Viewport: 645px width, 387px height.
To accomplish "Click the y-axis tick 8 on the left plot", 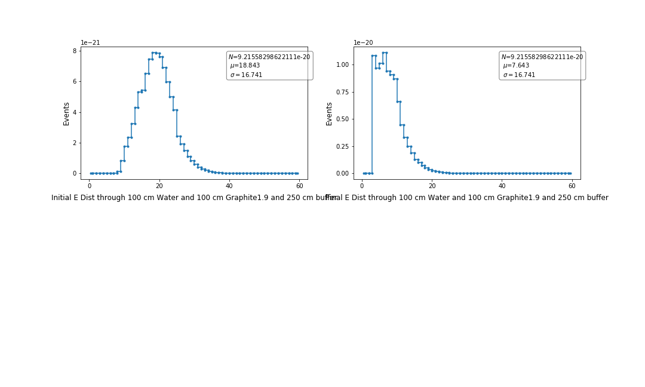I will click(x=75, y=51).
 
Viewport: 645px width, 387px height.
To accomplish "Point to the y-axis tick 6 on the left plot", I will click(x=75, y=82).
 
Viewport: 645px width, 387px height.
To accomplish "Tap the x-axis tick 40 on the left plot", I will click(x=229, y=186).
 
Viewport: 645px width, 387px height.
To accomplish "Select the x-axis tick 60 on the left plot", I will click(x=299, y=186).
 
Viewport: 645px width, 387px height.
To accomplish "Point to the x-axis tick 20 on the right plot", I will click(x=432, y=186).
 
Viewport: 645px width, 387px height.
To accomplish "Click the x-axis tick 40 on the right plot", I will click(x=502, y=186).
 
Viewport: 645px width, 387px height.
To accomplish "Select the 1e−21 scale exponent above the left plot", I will click(x=91, y=43).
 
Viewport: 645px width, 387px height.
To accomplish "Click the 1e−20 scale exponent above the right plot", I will click(x=364, y=43).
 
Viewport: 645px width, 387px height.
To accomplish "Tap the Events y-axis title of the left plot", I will click(x=66, y=113).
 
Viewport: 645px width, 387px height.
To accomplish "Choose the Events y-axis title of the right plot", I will click(x=329, y=113).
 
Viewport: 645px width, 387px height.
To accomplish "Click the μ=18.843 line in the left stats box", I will click(x=245, y=66).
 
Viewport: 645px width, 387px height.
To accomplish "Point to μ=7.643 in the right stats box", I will click(x=516, y=66).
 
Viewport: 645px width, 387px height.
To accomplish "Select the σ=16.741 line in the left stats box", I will click(x=246, y=75).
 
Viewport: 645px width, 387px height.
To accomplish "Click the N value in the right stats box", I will click(x=542, y=57).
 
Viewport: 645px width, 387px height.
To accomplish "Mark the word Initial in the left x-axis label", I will click(x=63, y=198).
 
